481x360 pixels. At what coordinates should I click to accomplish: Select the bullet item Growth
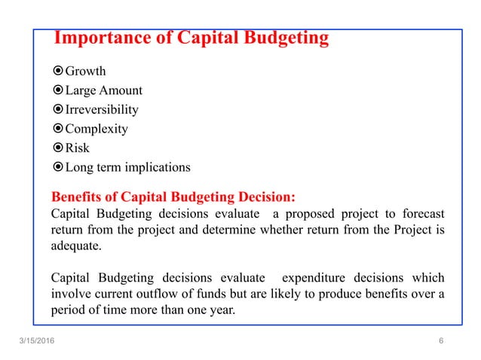tap(85, 72)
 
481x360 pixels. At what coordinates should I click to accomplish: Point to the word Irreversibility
tap(102, 109)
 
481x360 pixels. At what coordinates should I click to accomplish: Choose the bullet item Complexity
tap(97, 129)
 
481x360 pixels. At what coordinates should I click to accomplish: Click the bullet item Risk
tap(77, 148)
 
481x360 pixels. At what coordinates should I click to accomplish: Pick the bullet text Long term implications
tap(127, 167)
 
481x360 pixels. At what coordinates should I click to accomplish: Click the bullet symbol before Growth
tap(58, 72)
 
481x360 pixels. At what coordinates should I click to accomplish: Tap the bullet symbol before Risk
tap(58, 148)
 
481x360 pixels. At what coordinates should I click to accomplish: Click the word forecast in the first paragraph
tap(420, 213)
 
